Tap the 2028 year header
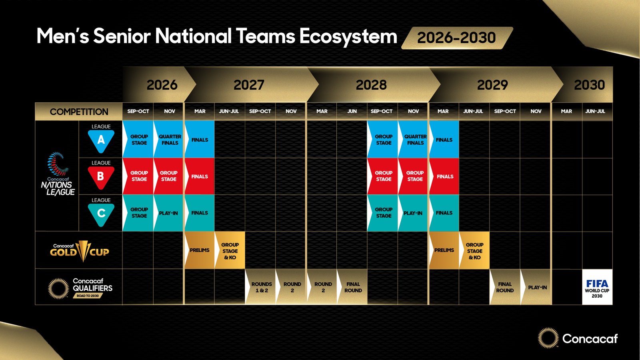371,85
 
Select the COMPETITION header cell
79,112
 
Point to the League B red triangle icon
101,178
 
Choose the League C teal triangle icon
101,215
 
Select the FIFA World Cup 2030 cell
597,287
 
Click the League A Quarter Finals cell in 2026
168,140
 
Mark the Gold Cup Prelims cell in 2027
200,250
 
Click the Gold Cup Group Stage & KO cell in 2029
474,250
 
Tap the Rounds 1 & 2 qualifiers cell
260,287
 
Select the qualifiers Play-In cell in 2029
536,287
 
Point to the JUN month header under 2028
352,112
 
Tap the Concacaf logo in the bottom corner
578,338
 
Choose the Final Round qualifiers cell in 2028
352,287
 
